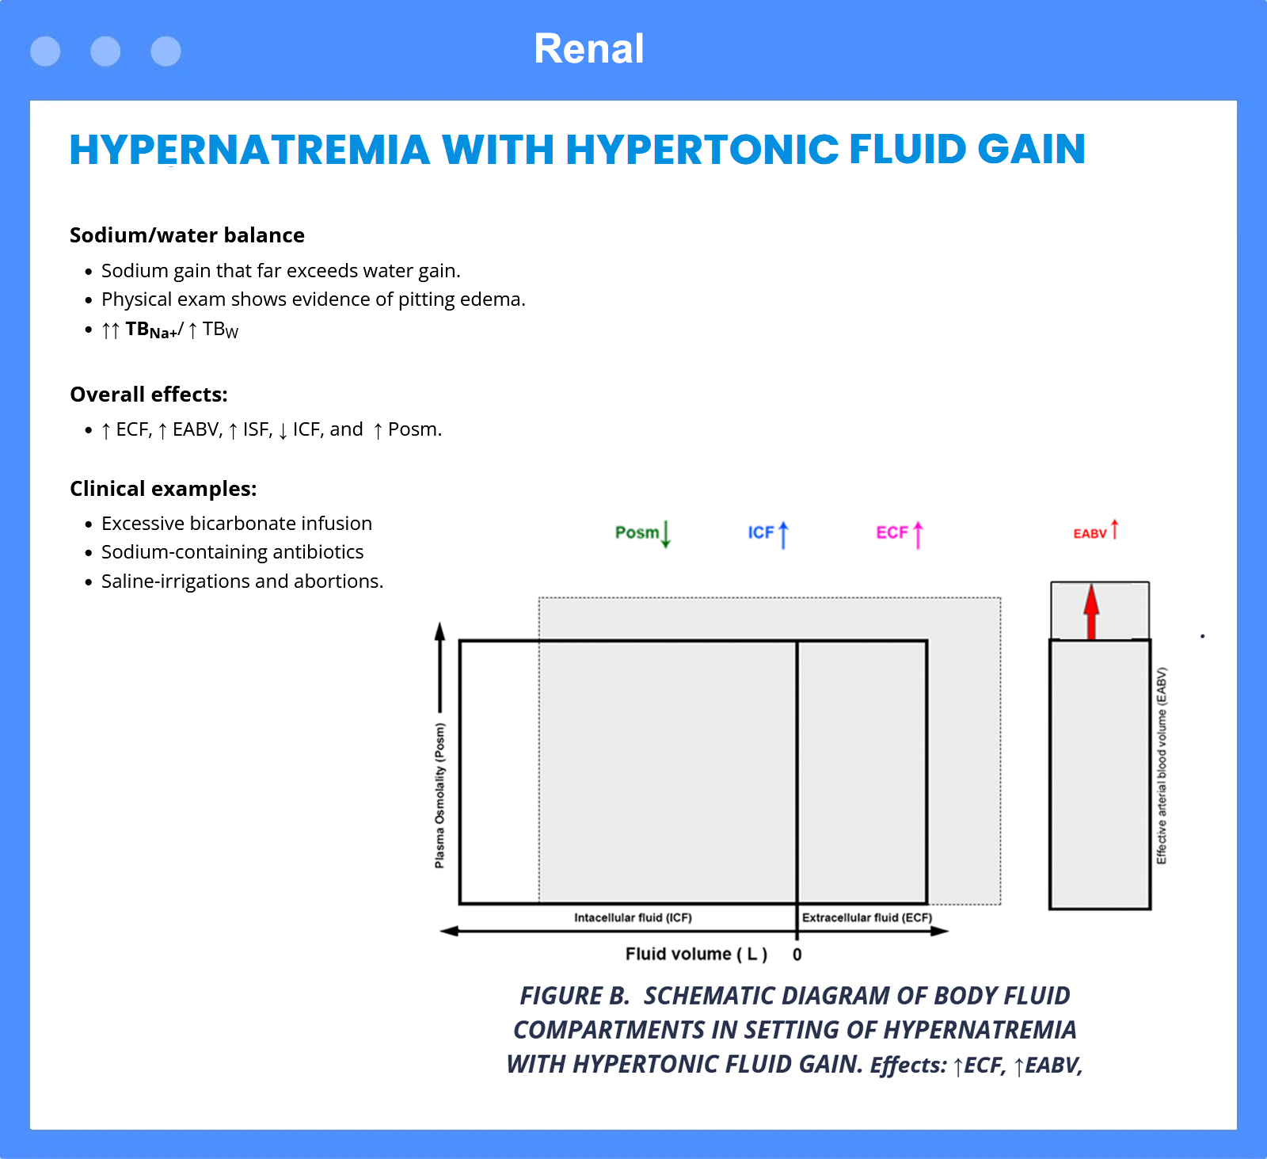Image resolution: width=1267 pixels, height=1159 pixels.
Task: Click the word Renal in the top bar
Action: tap(588, 49)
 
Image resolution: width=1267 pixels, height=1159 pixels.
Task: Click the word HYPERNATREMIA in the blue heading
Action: tap(249, 150)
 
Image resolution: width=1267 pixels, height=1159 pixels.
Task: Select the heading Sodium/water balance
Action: tap(187, 235)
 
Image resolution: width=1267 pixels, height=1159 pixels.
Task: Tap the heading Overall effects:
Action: tap(149, 395)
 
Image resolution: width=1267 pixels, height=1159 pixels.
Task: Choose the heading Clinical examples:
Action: tap(163, 489)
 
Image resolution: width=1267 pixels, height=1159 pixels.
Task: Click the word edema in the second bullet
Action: tap(499, 299)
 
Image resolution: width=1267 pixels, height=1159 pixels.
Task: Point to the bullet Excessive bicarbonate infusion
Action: tap(237, 524)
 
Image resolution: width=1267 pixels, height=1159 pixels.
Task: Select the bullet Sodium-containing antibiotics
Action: tap(233, 552)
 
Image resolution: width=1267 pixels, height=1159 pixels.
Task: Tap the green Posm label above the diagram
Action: tap(637, 532)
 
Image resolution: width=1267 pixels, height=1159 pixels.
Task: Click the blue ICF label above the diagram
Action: tap(761, 532)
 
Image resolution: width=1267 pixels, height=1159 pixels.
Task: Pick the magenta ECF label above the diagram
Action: tap(892, 532)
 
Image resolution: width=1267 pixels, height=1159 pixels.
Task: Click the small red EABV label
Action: tap(1090, 533)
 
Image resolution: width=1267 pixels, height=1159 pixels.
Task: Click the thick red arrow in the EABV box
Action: tap(1091, 611)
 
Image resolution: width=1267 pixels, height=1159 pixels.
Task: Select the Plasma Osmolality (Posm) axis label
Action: tap(439, 795)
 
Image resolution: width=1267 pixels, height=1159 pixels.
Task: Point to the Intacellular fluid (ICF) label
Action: tap(633, 917)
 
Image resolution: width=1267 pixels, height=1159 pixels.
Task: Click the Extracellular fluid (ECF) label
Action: tap(867, 917)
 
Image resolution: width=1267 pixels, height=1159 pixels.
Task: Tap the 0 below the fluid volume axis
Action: tap(797, 955)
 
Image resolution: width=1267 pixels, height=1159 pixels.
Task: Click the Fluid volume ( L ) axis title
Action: tap(697, 955)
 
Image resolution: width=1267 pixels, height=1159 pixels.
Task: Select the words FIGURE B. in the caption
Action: tap(574, 996)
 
